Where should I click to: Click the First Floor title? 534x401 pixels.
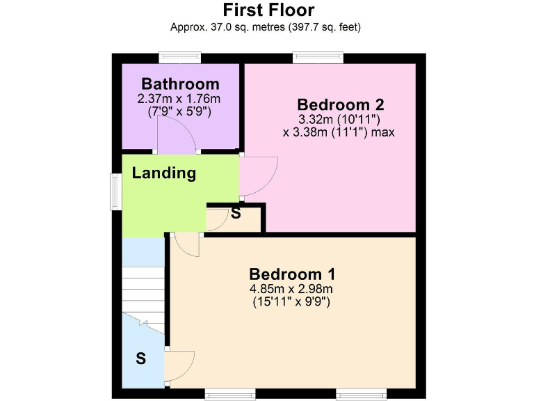click(x=268, y=10)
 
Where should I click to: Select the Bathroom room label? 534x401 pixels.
click(x=180, y=84)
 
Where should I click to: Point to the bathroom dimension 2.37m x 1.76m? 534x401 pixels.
click(x=180, y=98)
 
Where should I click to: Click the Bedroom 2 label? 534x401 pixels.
click(x=340, y=104)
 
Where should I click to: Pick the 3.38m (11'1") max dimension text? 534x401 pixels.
click(x=339, y=131)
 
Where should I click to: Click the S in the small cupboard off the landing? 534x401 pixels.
click(x=236, y=214)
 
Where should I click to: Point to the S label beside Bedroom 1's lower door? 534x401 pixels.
click(x=140, y=359)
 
